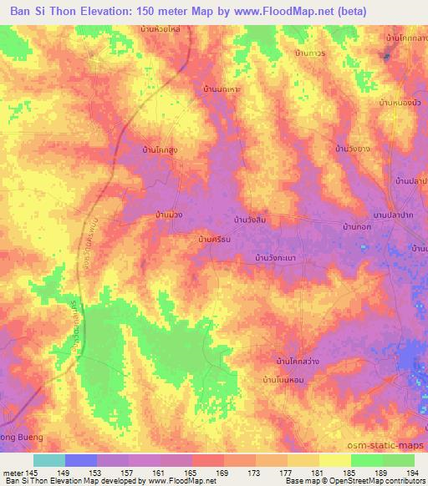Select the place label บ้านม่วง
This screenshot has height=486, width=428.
165,215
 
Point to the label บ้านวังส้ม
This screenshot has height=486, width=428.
252,219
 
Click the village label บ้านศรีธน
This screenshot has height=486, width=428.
214,240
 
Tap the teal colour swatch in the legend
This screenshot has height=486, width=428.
50,460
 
